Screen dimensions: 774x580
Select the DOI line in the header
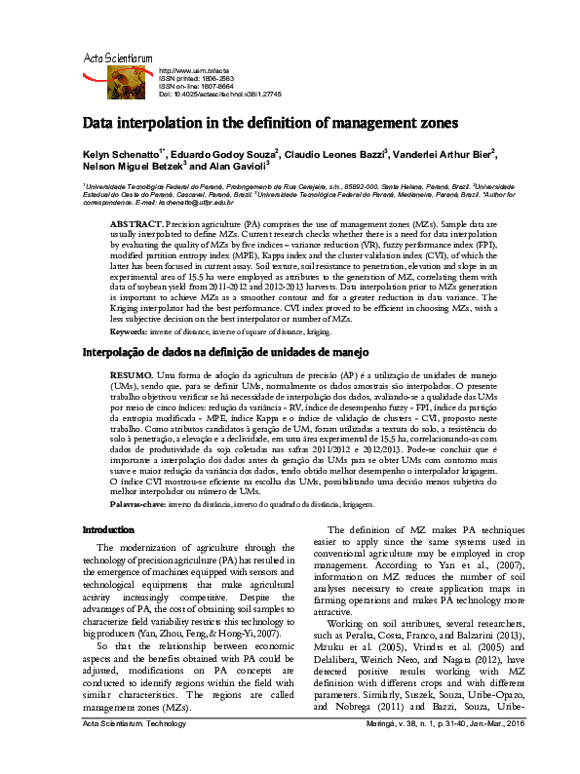click(x=220, y=95)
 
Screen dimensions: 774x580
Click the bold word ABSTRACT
click(x=136, y=223)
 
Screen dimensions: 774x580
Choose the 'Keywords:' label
click(x=129, y=305)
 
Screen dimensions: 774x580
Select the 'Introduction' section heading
click(x=108, y=529)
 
